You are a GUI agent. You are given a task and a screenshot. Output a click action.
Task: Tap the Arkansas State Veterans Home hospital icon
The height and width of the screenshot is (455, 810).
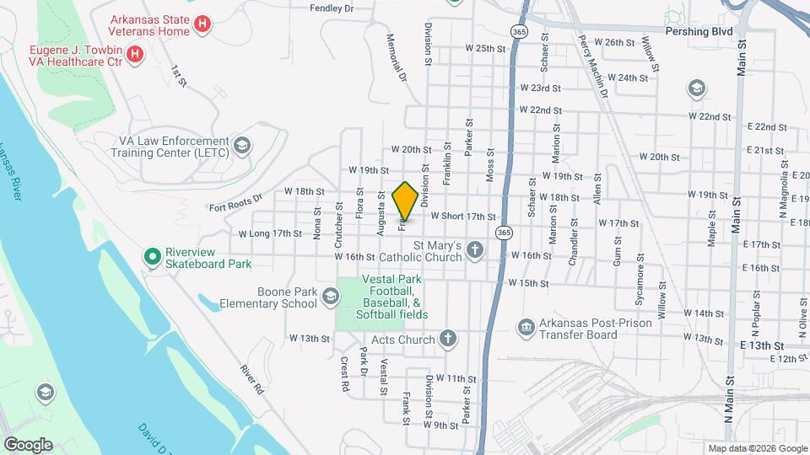tap(202, 25)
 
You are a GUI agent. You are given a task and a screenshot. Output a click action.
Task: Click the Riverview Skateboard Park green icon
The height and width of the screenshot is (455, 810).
tap(153, 256)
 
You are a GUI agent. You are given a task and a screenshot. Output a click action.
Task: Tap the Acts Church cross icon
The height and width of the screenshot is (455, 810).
tap(447, 339)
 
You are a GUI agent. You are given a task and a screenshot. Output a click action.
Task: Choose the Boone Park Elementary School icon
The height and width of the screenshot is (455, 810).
tap(329, 295)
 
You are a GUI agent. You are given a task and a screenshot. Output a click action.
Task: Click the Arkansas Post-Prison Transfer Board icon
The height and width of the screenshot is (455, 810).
tap(526, 326)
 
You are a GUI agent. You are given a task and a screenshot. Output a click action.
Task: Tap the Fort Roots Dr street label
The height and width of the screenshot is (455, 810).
tap(236, 202)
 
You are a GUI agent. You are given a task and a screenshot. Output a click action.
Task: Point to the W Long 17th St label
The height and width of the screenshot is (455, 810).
tap(269, 233)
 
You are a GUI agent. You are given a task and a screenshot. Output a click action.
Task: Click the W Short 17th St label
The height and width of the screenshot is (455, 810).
tap(462, 217)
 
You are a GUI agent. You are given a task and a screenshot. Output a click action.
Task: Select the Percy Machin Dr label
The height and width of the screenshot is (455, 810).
tap(593, 66)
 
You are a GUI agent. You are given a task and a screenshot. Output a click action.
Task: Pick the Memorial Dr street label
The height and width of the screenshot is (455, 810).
tap(397, 57)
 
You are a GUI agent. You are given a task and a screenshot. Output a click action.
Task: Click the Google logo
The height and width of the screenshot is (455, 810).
tap(28, 444)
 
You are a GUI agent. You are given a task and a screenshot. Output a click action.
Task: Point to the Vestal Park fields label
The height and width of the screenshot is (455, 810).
tap(395, 297)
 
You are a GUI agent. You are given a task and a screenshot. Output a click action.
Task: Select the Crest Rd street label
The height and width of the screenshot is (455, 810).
tap(345, 374)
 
